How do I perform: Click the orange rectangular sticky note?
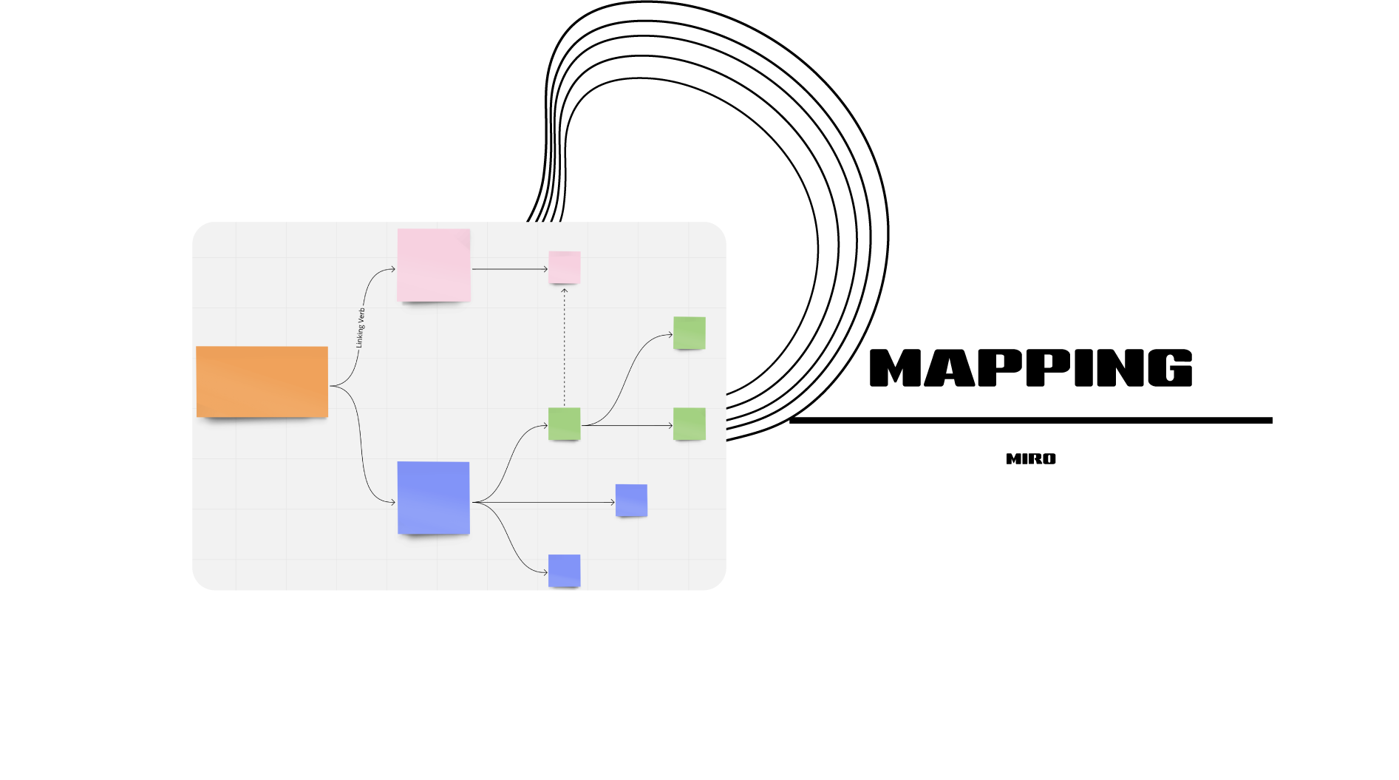pos(262,381)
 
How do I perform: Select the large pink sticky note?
pos(434,265)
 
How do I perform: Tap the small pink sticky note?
pos(564,267)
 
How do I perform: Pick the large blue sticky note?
pos(433,498)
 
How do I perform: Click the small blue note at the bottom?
pos(564,570)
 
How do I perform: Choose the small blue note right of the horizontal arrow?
pos(631,501)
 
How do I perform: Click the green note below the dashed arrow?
pos(564,424)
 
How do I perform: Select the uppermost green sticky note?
pos(689,333)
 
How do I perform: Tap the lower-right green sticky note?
pos(689,424)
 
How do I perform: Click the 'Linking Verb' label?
pos(360,328)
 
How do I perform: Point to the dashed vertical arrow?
pos(564,347)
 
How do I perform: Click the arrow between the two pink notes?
pos(509,269)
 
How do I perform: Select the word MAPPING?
pos(1030,368)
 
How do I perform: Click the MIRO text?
pos(1030,459)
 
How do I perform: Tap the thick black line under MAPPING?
pos(1030,420)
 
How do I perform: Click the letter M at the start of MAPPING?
pos(896,368)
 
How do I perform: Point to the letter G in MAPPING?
pos(1170,368)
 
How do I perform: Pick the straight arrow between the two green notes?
pos(628,425)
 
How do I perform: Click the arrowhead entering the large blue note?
pos(392,503)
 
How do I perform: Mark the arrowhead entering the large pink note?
pos(392,269)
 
